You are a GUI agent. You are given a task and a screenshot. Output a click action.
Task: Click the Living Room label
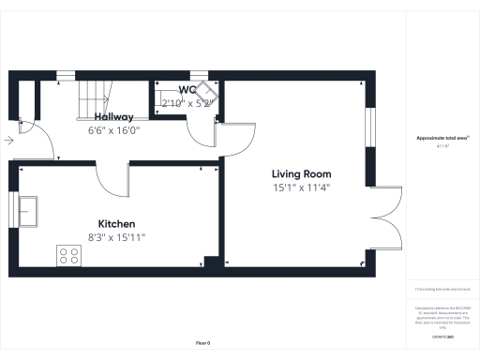pos(301,174)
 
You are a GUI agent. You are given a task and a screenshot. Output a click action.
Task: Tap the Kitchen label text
pos(117,224)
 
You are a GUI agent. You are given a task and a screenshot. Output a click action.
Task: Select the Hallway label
pos(112,116)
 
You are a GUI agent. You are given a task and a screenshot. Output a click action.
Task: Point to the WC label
pos(187,90)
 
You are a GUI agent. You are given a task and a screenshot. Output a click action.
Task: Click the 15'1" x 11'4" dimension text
pos(301,187)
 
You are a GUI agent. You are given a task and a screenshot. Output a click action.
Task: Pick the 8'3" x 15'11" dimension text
pos(117,237)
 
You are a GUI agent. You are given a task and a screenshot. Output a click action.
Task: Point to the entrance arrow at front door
pos(8,141)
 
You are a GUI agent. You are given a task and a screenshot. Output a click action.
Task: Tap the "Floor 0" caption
pos(202,343)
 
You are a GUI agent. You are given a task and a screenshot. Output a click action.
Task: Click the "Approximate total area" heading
pos(442,139)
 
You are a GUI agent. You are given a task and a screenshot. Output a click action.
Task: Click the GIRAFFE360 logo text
pos(442,335)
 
